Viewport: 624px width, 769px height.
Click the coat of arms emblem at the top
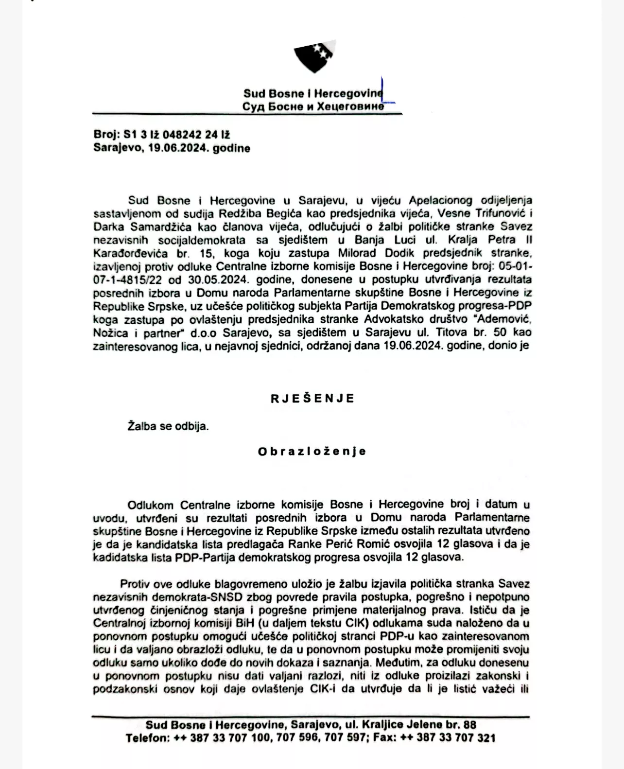[314, 57]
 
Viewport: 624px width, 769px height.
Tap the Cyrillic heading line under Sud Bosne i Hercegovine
[313, 106]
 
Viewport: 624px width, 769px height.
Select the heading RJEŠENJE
[312, 399]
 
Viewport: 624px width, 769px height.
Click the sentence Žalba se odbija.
[168, 426]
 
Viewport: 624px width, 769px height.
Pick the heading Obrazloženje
[312, 452]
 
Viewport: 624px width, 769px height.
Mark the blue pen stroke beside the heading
[386, 92]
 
